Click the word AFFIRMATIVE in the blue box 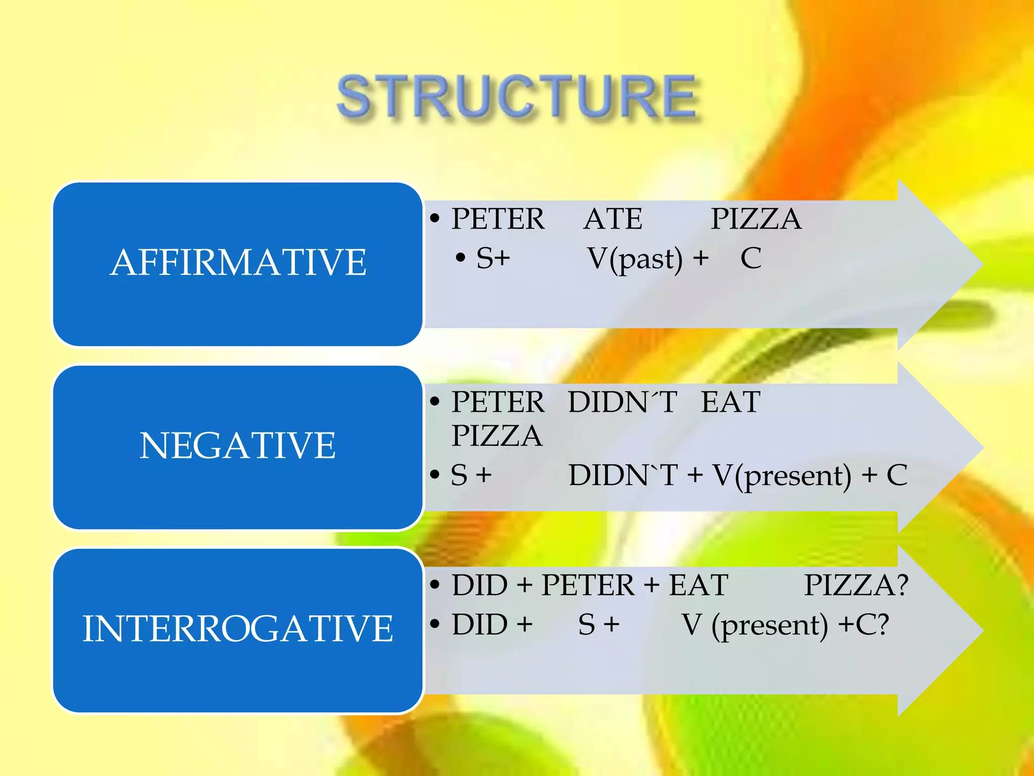pyautogui.click(x=238, y=263)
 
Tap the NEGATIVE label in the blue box pyautogui.click(x=237, y=446)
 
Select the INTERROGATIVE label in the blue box pyautogui.click(x=237, y=628)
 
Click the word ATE pyautogui.click(x=613, y=219)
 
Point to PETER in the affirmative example pyautogui.click(x=498, y=219)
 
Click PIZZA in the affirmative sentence pyautogui.click(x=756, y=219)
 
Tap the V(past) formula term pyautogui.click(x=635, y=259)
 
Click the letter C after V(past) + pyautogui.click(x=751, y=259)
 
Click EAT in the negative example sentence pyautogui.click(x=731, y=403)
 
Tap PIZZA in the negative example pyautogui.click(x=497, y=436)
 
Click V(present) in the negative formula pyautogui.click(x=782, y=476)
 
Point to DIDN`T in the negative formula pyautogui.click(x=623, y=475)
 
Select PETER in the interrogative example pyautogui.click(x=588, y=586)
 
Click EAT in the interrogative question pyautogui.click(x=698, y=586)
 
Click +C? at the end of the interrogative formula pyautogui.click(x=863, y=625)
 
